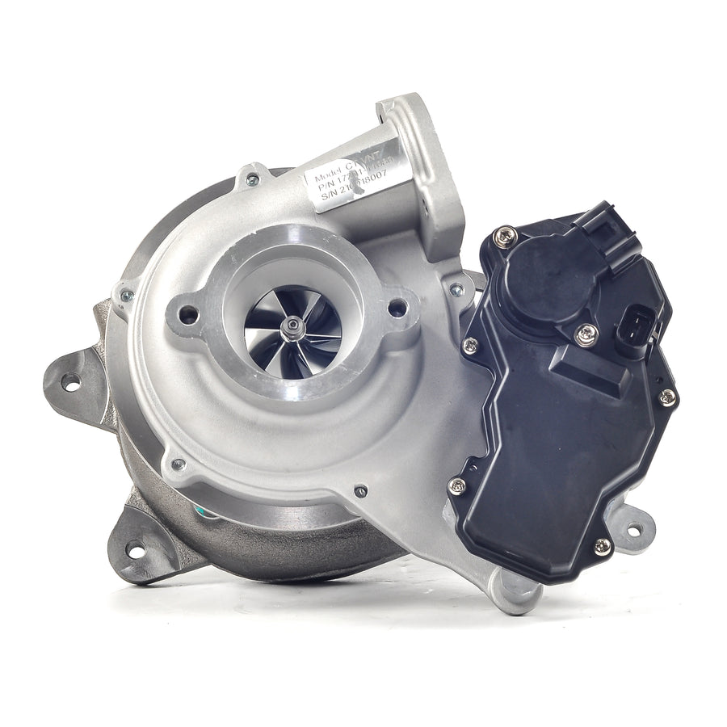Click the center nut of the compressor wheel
point(292,326)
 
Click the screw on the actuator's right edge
point(667,397)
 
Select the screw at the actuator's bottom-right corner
point(602,546)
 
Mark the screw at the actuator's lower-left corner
point(458,486)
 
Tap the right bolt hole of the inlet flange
point(397,308)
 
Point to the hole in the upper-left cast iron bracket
point(72,382)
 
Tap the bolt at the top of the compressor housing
point(253,179)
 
